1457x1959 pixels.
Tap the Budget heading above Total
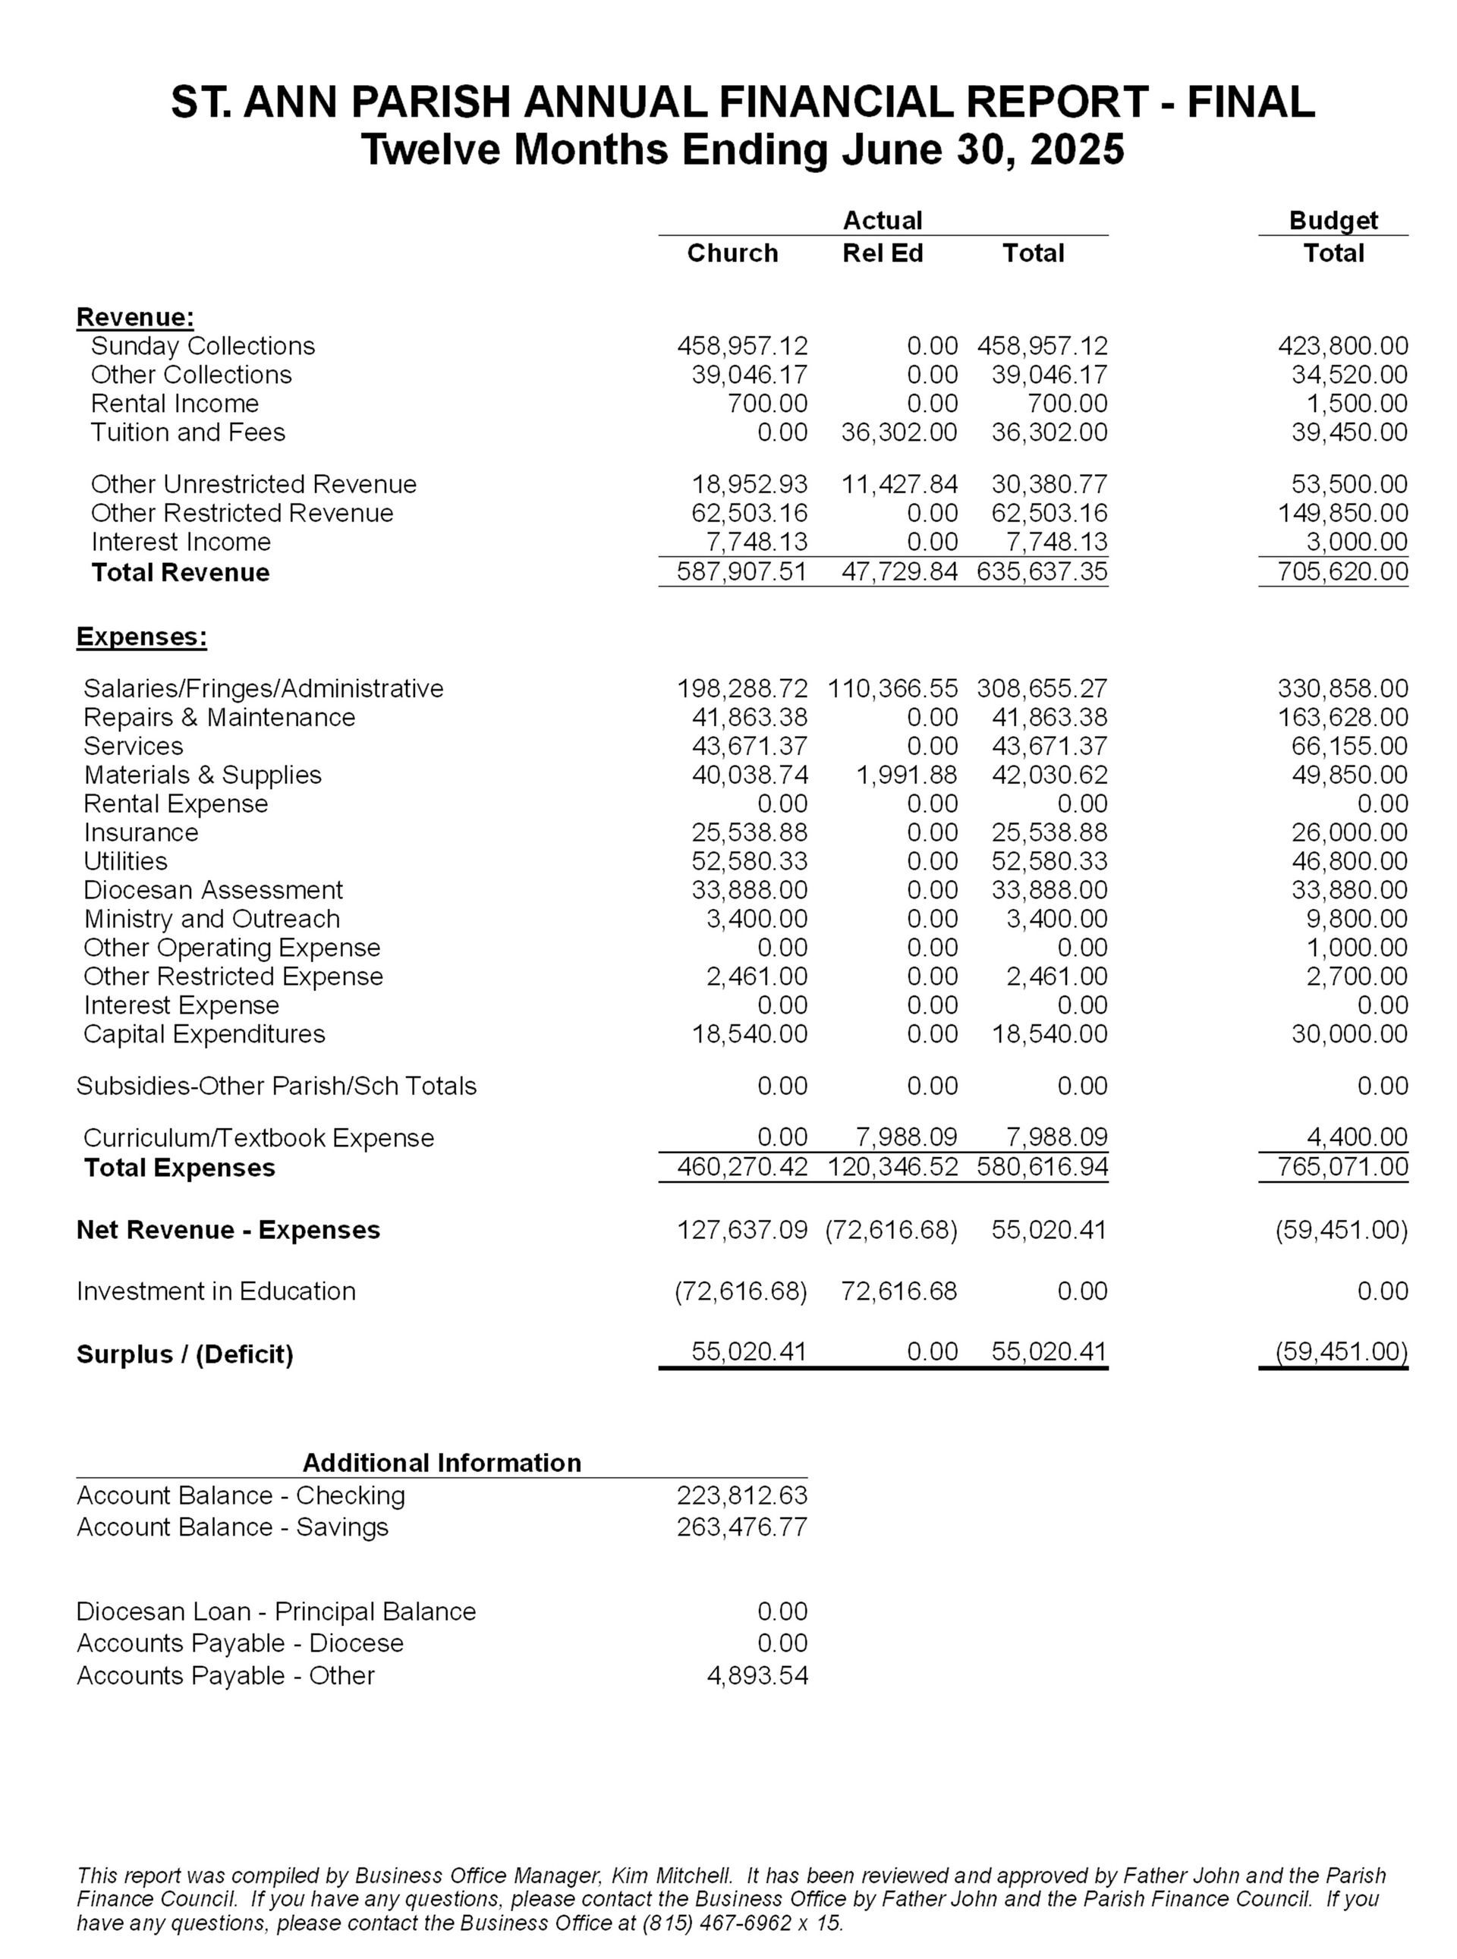coord(1333,221)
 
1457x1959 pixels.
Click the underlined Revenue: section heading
coord(135,316)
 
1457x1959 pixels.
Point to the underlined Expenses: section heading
coord(142,637)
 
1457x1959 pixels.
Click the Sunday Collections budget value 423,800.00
coord(1342,346)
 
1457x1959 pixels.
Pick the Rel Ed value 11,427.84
coord(898,484)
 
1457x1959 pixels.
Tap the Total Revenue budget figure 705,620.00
coord(1342,572)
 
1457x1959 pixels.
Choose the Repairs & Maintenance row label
coord(219,717)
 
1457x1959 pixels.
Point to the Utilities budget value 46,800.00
coord(1349,860)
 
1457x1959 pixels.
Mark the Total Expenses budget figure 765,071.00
coord(1342,1168)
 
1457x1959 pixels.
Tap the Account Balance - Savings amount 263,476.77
coord(741,1527)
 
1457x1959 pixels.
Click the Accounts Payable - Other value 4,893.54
coord(757,1675)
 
